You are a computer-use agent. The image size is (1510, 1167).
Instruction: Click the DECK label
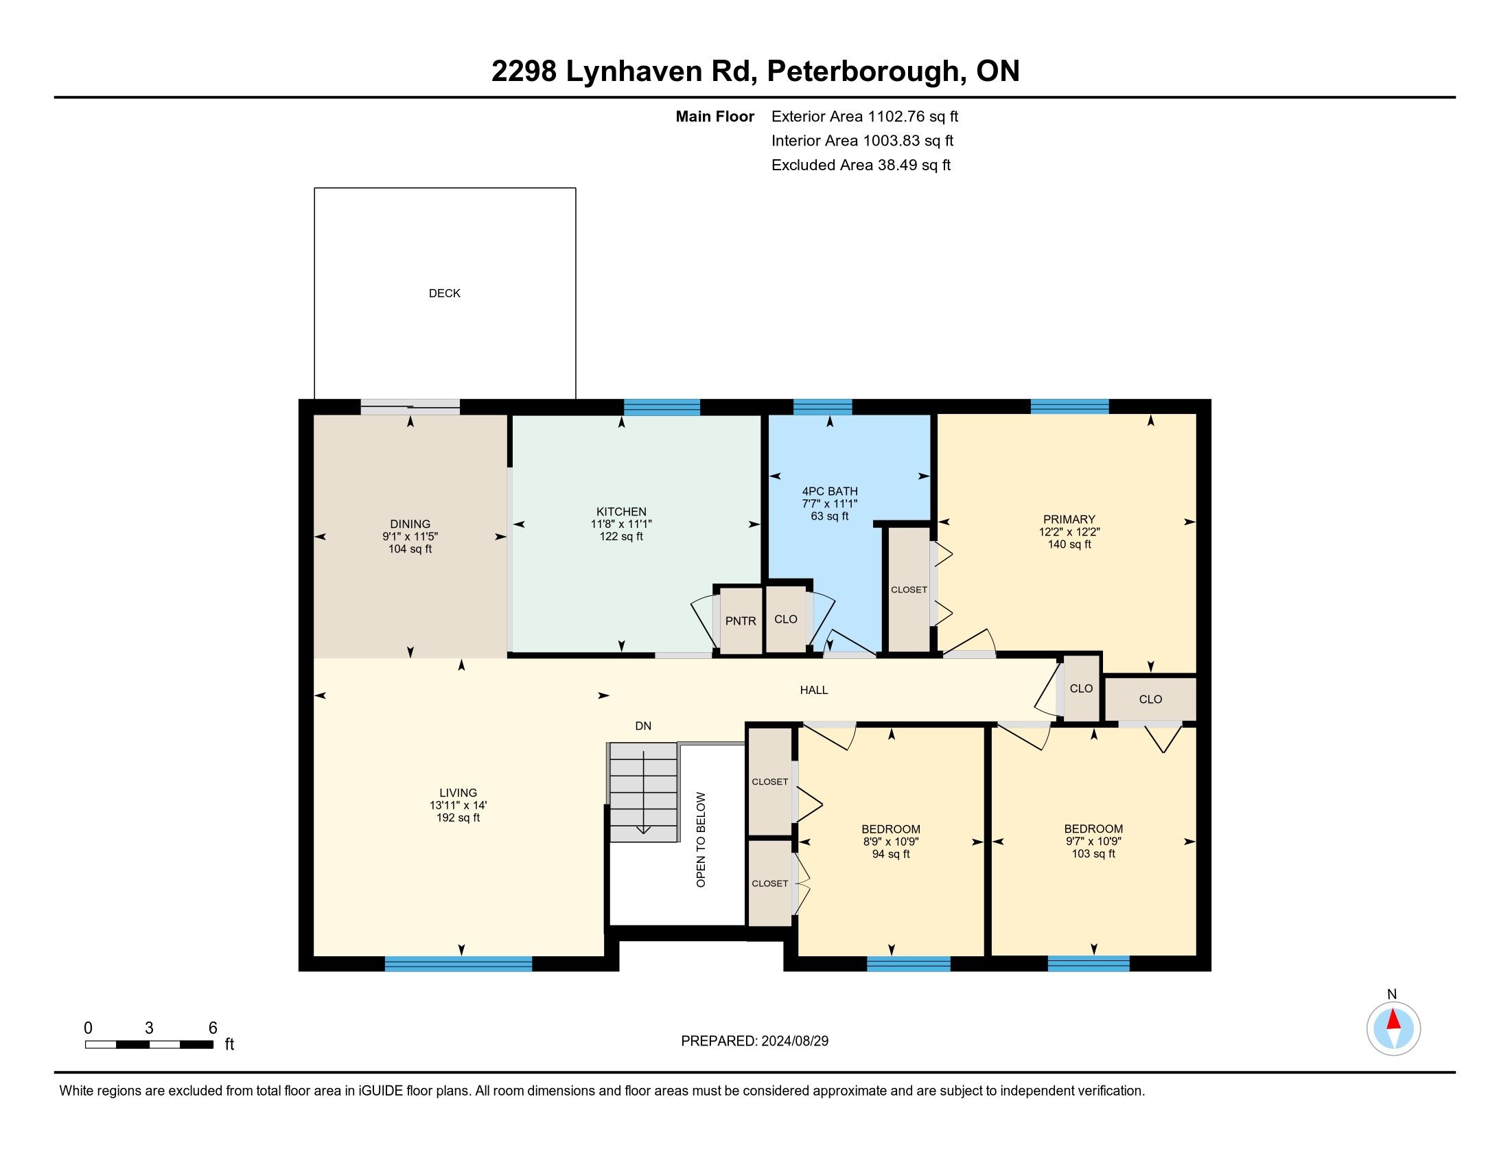445,293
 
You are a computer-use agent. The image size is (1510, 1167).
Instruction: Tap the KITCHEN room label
622,511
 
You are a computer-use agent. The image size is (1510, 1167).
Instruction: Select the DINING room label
410,524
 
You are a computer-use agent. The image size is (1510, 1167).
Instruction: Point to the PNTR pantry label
741,621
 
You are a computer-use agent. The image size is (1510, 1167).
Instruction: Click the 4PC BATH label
830,492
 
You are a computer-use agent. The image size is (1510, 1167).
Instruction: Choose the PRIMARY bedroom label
1069,519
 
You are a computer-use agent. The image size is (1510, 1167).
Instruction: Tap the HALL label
814,690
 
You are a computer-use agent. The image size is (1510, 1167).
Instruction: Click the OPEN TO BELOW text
701,840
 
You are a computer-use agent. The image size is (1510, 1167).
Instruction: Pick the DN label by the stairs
643,726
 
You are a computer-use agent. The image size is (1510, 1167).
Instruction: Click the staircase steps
642,792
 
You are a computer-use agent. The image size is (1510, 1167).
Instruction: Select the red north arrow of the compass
1393,1019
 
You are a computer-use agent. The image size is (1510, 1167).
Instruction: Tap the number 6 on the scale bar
213,1028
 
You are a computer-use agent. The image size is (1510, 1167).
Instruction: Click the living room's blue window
458,964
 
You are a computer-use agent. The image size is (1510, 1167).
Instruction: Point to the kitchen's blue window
662,407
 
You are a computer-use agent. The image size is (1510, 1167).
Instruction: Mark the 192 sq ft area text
458,818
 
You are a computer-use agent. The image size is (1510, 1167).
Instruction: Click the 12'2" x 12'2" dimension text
1069,532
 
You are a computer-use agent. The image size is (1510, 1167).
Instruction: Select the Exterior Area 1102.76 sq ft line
865,116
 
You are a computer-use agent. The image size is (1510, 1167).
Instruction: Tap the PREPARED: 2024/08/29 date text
754,1041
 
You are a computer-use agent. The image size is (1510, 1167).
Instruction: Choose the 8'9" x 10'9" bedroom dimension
890,842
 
